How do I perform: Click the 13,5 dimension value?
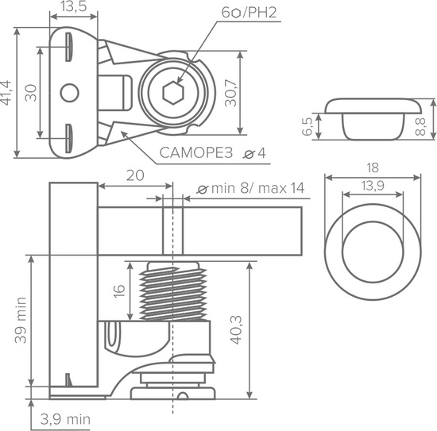click(74, 6)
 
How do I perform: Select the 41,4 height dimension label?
click(6, 93)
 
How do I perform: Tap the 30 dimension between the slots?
click(31, 93)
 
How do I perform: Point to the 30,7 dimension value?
click(230, 93)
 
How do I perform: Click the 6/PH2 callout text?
click(249, 13)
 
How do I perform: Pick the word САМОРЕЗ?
click(196, 153)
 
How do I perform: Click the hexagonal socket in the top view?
click(173, 93)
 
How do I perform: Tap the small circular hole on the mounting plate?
click(69, 93)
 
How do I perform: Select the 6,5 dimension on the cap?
click(307, 126)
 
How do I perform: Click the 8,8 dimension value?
click(420, 126)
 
